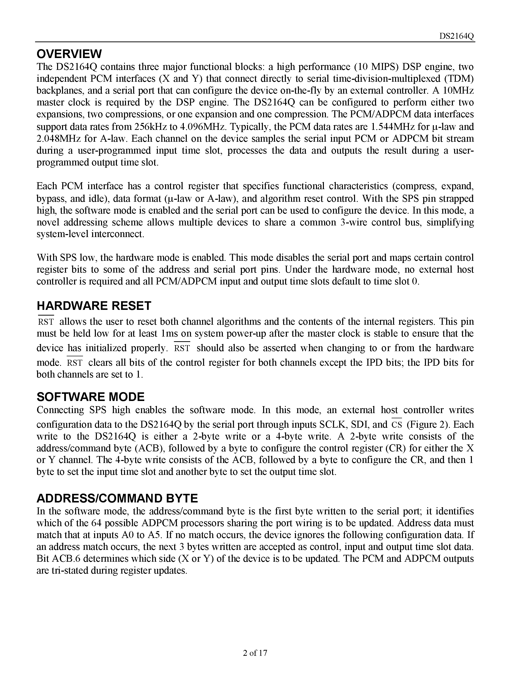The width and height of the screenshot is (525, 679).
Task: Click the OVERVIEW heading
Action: pyautogui.click(x=69, y=54)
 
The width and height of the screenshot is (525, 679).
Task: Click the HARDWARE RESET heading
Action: pyautogui.click(x=94, y=306)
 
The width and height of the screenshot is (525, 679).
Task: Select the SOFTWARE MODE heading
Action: pyautogui.click(x=90, y=397)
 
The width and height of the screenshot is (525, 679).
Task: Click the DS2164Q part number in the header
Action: pyautogui.click(x=457, y=36)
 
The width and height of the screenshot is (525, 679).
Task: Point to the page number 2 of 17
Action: pyautogui.click(x=255, y=653)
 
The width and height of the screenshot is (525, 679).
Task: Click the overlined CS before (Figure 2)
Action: pyautogui.click(x=397, y=425)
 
